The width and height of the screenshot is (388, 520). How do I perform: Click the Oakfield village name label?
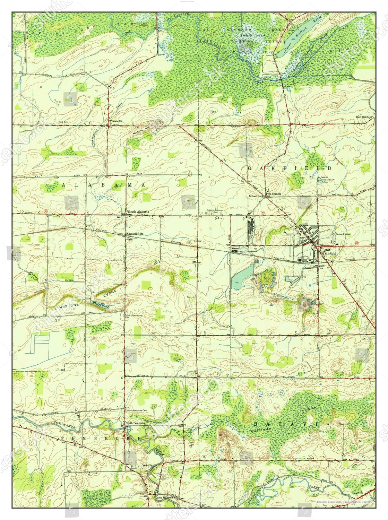click(x=329, y=254)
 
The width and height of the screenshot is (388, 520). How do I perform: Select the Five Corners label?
click(x=274, y=194)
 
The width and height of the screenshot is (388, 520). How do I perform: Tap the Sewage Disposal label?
click(x=343, y=234)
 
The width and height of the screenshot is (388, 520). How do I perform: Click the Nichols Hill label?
click(x=142, y=132)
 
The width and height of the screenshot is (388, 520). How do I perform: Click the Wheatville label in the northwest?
click(x=114, y=121)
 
